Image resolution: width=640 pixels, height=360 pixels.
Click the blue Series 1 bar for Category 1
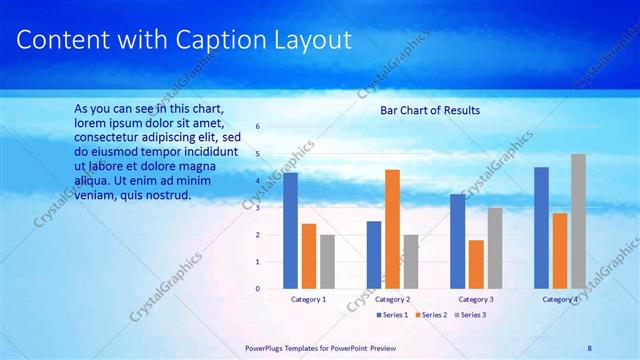click(x=290, y=231)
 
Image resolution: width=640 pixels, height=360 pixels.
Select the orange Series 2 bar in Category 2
click(x=392, y=229)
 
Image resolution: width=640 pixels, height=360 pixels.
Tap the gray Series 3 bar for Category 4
click(x=578, y=221)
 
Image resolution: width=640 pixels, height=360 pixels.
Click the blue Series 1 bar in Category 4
click(x=541, y=228)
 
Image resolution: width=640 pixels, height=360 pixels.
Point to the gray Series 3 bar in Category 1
click(x=327, y=262)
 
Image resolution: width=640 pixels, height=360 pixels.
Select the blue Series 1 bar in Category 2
click(x=374, y=255)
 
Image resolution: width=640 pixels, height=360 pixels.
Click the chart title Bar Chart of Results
click(x=430, y=110)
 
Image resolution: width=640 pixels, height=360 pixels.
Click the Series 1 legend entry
click(x=392, y=315)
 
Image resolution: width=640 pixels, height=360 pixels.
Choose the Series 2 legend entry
click(x=430, y=315)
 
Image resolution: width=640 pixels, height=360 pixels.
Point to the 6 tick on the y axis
click(x=258, y=127)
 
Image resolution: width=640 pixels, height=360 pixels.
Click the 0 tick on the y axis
click(x=258, y=289)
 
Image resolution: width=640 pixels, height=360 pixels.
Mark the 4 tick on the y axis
click(x=258, y=181)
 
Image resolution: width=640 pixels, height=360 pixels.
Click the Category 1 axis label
click(x=308, y=299)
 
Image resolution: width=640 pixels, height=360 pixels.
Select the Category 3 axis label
click(x=476, y=299)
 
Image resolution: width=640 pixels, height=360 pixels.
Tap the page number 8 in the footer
click(x=589, y=347)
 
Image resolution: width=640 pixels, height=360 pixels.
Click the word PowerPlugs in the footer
click(x=266, y=347)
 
